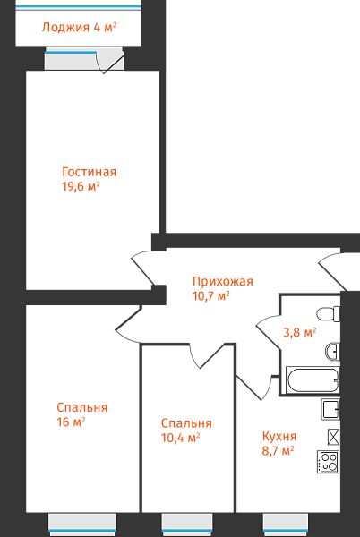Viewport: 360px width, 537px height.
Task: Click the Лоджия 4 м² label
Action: click(x=79, y=27)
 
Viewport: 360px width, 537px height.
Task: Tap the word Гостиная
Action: click(x=89, y=172)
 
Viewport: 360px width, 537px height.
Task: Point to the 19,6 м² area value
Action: click(x=81, y=187)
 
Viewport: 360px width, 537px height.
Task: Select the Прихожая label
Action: click(x=223, y=282)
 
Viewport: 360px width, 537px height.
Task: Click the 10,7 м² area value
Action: click(x=211, y=295)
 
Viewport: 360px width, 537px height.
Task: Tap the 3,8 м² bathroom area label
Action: click(x=300, y=332)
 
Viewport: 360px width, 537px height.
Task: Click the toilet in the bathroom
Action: click(x=328, y=314)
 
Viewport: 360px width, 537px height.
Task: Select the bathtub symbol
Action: click(x=313, y=380)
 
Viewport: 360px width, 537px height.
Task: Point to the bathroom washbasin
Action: click(x=332, y=352)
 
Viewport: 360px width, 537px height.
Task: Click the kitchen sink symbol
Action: click(x=330, y=409)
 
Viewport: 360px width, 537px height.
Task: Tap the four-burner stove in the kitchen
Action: click(x=328, y=462)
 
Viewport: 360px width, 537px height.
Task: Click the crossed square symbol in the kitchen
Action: click(x=333, y=437)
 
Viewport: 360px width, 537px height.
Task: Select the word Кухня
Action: click(x=279, y=437)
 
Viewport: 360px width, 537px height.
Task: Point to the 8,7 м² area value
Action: click(x=279, y=451)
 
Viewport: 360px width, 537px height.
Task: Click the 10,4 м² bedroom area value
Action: click(x=181, y=438)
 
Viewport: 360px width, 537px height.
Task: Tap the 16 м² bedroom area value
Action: click(x=71, y=422)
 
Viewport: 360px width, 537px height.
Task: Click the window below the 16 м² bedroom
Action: click(x=82, y=524)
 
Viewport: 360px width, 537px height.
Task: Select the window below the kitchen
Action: click(x=286, y=524)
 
